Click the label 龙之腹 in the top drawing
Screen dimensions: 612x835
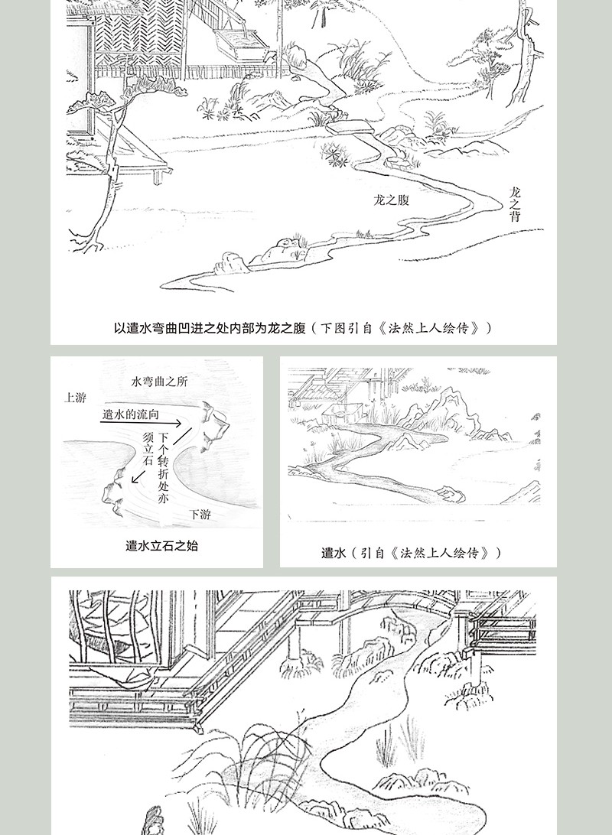[x=392, y=200]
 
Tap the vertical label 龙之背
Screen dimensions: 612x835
[x=515, y=204]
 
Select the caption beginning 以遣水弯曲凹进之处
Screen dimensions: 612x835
[x=302, y=327]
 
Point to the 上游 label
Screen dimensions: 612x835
[x=75, y=398]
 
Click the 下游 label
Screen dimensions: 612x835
[x=200, y=514]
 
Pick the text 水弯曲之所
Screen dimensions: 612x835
[x=159, y=382]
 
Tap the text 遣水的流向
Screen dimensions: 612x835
[x=131, y=414]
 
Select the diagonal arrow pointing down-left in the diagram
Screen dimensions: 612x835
[x=140, y=476]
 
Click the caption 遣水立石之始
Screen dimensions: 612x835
[x=162, y=546]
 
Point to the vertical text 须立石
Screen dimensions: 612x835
[x=148, y=448]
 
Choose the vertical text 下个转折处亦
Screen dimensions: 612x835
[x=163, y=467]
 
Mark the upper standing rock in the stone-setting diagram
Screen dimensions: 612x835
[x=214, y=427]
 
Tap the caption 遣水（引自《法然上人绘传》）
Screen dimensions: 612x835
[x=412, y=553]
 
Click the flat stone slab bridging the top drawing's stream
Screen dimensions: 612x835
[x=350, y=128]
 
